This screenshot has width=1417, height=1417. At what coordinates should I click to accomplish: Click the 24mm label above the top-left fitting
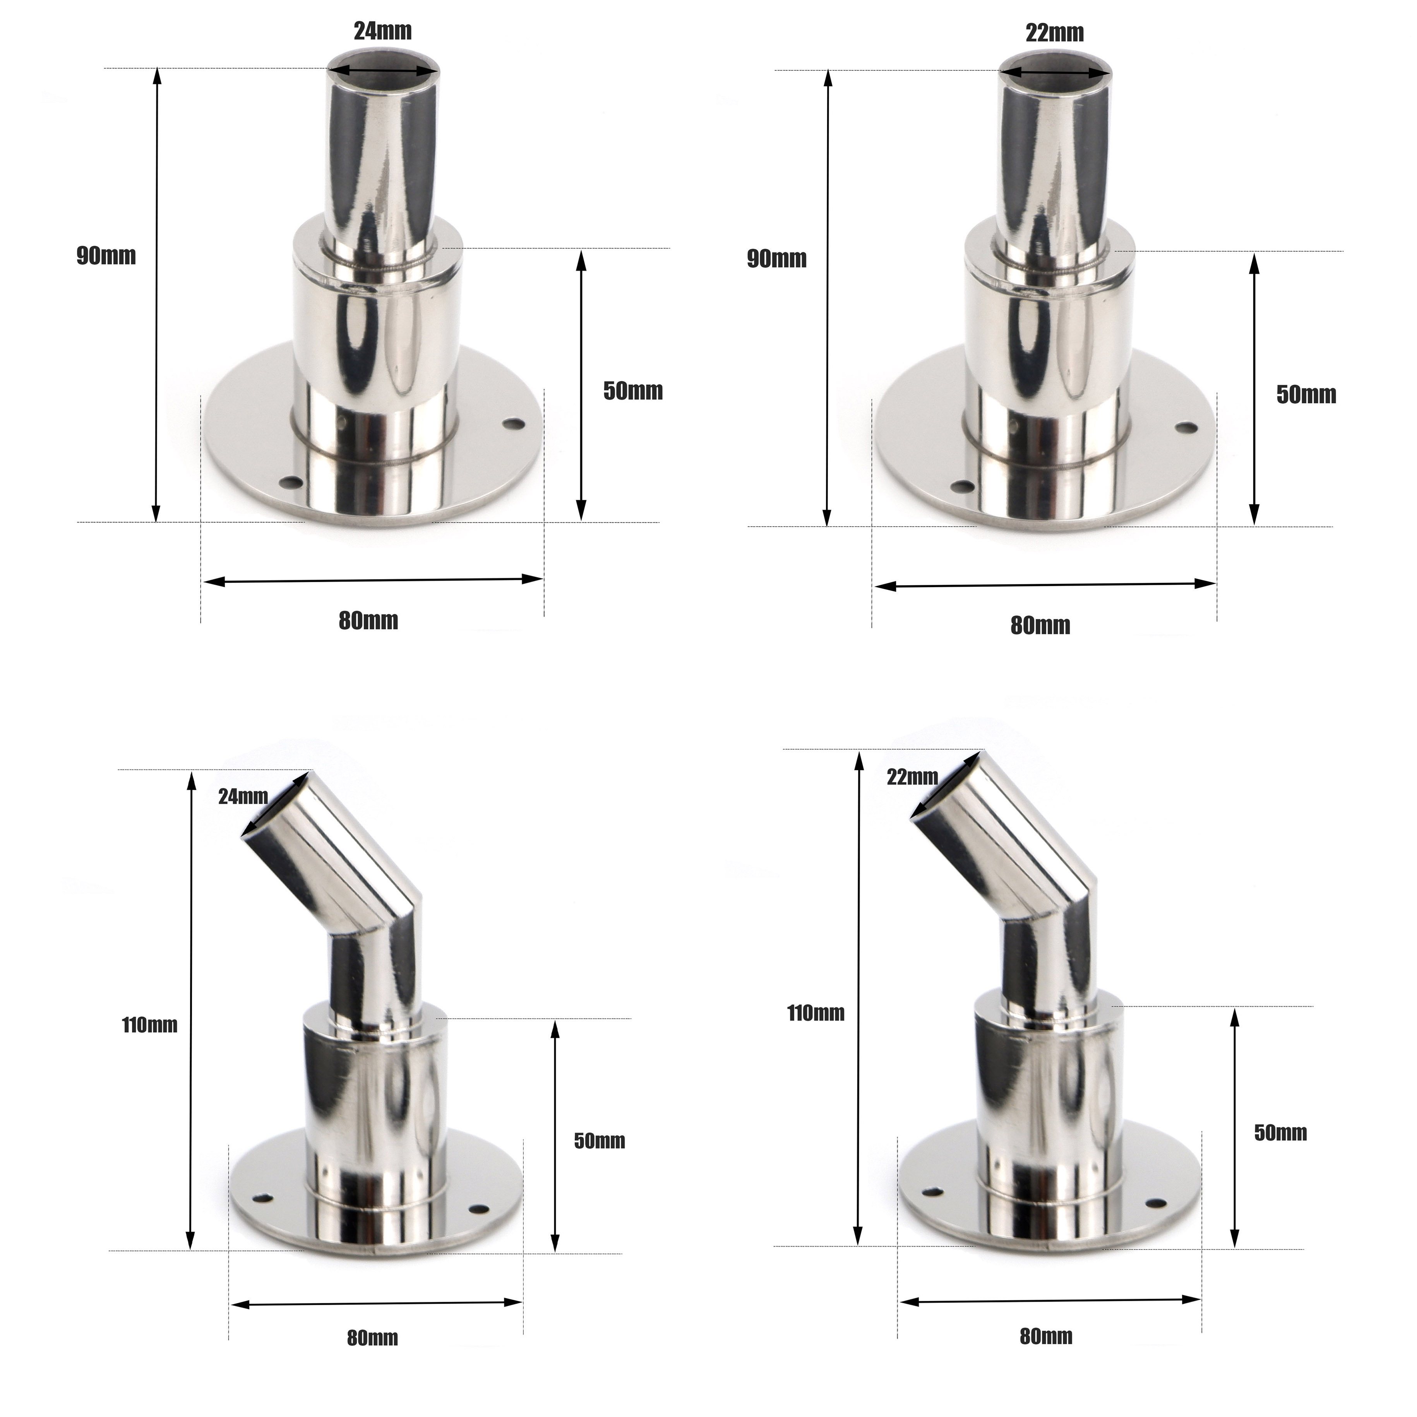click(x=383, y=31)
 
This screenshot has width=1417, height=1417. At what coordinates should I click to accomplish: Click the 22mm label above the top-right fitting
click(x=1055, y=33)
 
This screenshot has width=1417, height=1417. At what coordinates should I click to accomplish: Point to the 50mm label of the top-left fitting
click(x=633, y=391)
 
